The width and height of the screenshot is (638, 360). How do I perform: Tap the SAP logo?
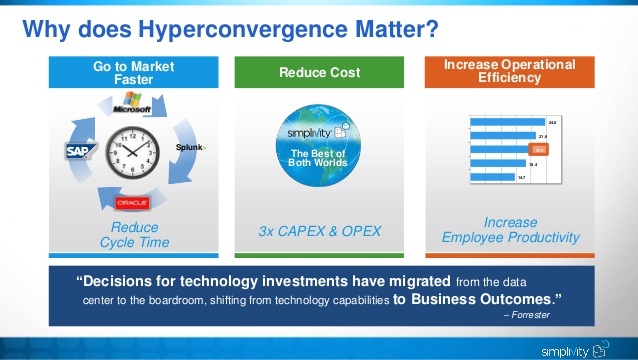[79, 151]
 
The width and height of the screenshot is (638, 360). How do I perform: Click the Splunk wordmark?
[190, 148]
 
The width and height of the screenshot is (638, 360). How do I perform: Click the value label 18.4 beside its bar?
[533, 163]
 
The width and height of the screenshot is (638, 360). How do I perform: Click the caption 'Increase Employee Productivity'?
[510, 230]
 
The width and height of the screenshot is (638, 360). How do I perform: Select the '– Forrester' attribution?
[531, 315]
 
